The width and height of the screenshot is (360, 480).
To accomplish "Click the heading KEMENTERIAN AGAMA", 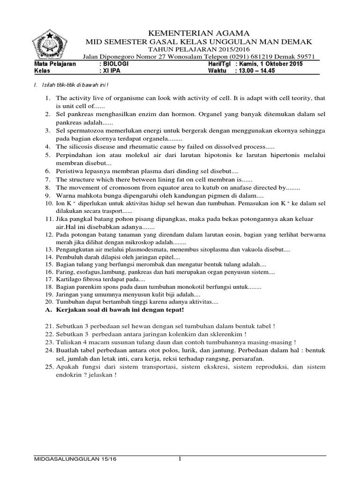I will [x=193, y=33].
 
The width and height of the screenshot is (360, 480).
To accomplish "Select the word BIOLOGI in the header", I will [x=115, y=63].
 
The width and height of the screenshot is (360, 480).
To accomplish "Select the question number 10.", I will [x=49, y=204].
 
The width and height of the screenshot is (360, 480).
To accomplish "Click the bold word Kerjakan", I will [x=74, y=310].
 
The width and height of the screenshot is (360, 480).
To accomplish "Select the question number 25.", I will [x=49, y=367].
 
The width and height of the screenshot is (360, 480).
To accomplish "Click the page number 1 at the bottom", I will [x=180, y=458].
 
